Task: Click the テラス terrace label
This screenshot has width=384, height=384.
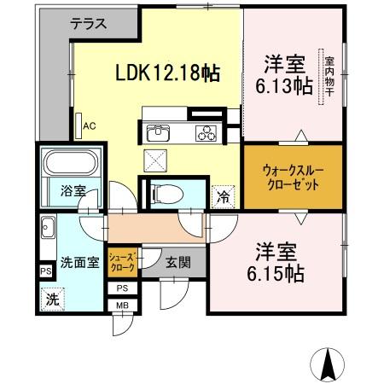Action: coord(89,24)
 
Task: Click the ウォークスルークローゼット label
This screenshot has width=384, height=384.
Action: coord(293,177)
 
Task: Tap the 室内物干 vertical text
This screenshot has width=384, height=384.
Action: coord(329,78)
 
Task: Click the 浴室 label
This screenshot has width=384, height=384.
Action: coord(73,191)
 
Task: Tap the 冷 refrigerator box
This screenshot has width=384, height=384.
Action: coord(222,195)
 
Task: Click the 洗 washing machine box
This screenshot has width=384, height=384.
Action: coord(52,300)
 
